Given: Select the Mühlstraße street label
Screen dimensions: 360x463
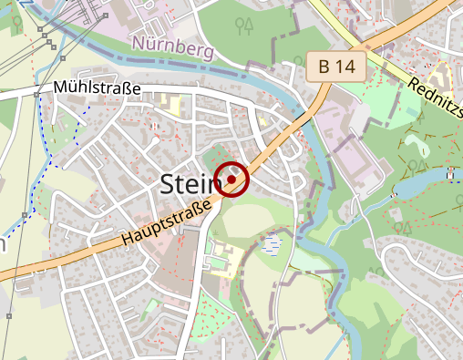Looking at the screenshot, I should click(x=98, y=89).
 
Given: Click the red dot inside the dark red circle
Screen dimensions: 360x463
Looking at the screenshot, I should click(x=231, y=180).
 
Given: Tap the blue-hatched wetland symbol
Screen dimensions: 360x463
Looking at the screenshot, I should click(x=271, y=243).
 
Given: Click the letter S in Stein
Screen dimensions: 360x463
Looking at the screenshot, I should click(x=169, y=183).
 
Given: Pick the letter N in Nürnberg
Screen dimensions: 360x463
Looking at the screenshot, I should click(x=139, y=41).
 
